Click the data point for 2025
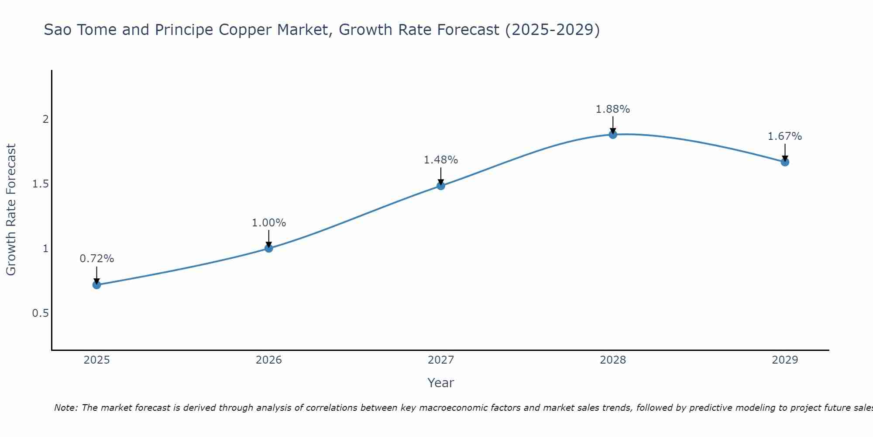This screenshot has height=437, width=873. [97, 285]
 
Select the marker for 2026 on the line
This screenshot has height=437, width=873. [269, 248]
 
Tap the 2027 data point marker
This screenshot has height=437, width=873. [441, 186]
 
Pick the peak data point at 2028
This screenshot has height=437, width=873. [613, 135]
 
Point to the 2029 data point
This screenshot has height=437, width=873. [785, 162]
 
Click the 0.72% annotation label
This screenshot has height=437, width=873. [97, 259]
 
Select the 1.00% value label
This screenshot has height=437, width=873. [269, 223]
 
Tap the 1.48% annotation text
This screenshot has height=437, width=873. [441, 160]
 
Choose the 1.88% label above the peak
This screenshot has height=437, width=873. [613, 109]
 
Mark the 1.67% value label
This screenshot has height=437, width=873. [785, 136]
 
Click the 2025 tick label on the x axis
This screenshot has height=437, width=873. [97, 360]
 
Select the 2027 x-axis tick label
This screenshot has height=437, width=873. [441, 360]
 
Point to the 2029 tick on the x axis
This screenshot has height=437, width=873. [785, 360]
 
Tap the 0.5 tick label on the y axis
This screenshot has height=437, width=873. [40, 313]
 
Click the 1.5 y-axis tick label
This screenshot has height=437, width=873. [40, 184]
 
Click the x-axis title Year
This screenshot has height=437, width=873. [441, 383]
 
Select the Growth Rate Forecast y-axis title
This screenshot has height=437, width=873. [11, 210]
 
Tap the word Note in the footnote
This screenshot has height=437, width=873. [65, 408]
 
